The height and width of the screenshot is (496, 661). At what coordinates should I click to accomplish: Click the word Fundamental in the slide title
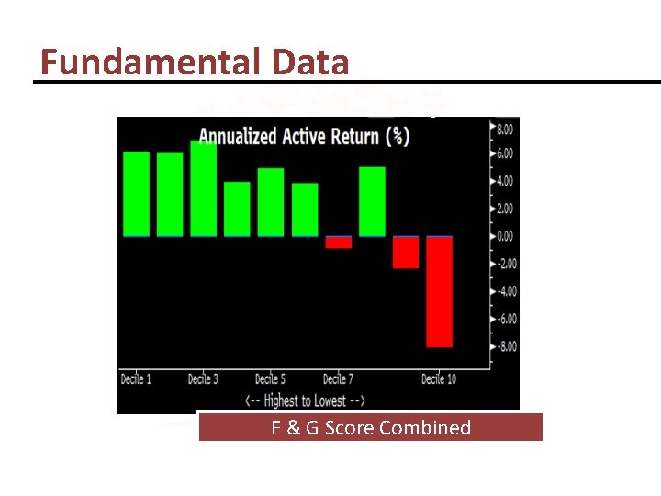(x=152, y=62)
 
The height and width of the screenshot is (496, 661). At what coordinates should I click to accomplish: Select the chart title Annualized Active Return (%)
(x=304, y=137)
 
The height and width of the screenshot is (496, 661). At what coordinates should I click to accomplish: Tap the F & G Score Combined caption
(x=370, y=427)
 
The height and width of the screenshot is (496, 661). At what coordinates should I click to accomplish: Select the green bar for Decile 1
(x=136, y=194)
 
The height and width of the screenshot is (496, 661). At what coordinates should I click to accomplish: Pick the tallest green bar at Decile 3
(x=203, y=188)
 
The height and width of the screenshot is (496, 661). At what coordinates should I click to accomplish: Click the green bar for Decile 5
(x=271, y=202)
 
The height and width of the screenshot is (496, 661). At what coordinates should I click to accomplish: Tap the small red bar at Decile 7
(x=339, y=242)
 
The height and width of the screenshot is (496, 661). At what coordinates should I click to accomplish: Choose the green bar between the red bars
(x=372, y=201)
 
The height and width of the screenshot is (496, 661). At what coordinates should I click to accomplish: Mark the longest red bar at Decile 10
(x=439, y=291)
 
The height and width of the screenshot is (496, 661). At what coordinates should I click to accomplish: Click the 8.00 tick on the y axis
(x=504, y=130)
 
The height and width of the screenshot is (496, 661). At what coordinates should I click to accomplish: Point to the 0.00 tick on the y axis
(x=504, y=236)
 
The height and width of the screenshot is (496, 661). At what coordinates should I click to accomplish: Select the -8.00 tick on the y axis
(x=504, y=346)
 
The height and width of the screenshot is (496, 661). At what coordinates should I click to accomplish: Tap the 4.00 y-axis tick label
(x=504, y=181)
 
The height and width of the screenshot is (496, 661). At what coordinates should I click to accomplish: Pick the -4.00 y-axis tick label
(x=504, y=291)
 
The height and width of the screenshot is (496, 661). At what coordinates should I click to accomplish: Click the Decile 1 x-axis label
(x=137, y=378)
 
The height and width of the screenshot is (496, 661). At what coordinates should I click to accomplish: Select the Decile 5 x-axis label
(x=271, y=378)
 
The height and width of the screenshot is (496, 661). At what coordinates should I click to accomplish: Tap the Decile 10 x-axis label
(x=439, y=378)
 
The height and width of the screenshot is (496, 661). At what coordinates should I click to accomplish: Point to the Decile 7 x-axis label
(x=339, y=378)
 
